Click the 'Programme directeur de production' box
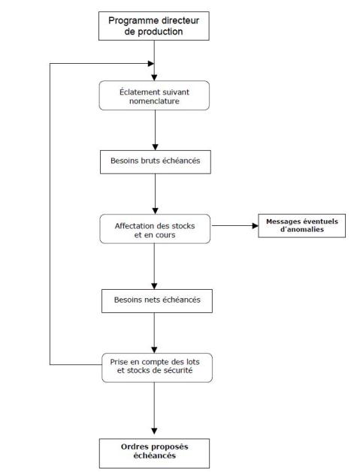point(154,26)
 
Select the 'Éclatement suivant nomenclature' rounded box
point(154,95)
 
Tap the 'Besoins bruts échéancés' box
point(156,162)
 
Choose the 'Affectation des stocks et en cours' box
point(155,229)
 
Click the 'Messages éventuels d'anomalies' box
point(301,226)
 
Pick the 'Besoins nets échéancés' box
point(157,301)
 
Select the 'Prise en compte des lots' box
point(157,368)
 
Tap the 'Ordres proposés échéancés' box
point(154,453)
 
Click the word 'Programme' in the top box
point(134,21)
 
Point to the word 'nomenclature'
point(154,101)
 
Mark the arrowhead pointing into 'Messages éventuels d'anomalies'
point(256,226)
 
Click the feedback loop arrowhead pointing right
point(151,64)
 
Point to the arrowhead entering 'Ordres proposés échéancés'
point(154,431)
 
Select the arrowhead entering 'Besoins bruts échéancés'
point(156,147)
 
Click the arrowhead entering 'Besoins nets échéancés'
point(154,286)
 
